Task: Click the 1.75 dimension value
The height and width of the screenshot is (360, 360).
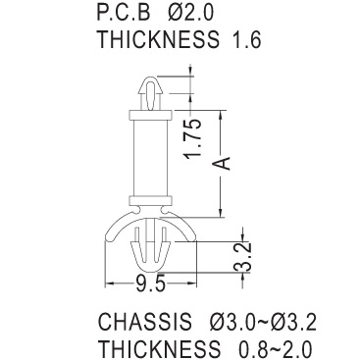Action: (x=192, y=139)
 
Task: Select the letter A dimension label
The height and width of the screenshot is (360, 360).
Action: (x=223, y=163)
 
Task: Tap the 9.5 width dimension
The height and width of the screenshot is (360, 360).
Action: (x=150, y=283)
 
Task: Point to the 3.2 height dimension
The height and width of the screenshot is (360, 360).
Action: (x=243, y=257)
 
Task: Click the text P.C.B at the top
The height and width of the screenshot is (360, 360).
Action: (x=125, y=12)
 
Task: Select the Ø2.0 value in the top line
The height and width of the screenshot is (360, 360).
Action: (x=191, y=12)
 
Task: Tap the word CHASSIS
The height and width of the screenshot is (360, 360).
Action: (x=145, y=321)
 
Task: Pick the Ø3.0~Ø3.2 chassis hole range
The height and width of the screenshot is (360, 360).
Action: (x=263, y=321)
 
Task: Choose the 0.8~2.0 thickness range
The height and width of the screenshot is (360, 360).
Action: (x=275, y=348)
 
